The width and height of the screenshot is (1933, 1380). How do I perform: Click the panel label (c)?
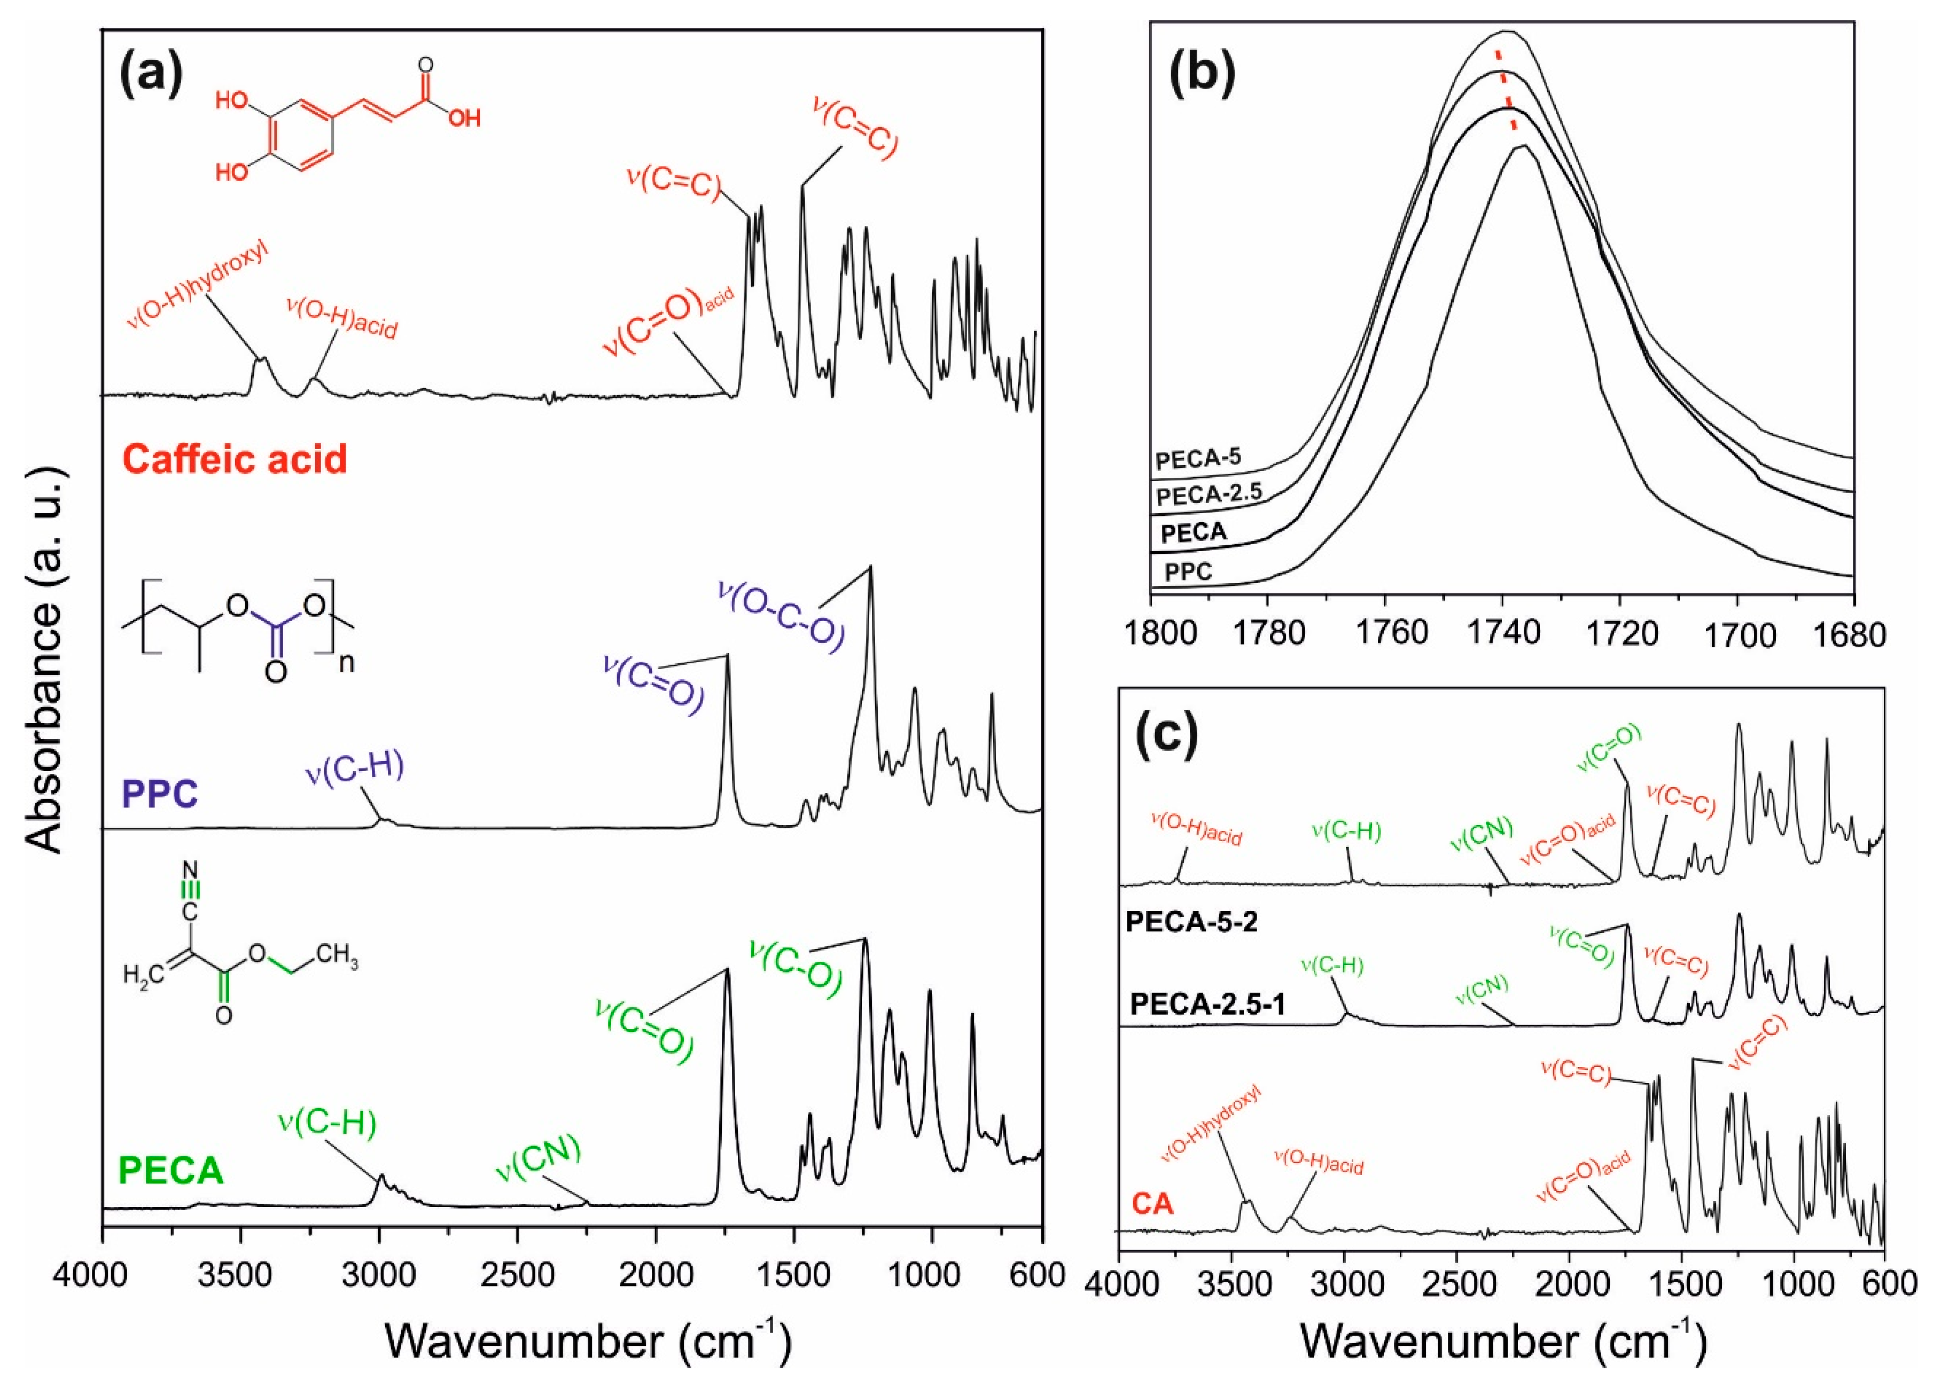click(1168, 733)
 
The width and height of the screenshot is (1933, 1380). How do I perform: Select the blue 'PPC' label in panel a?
click(160, 795)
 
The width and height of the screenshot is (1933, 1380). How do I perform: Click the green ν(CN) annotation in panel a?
click(537, 1158)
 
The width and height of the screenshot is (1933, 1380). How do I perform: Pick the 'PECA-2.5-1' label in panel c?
click(1207, 1005)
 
